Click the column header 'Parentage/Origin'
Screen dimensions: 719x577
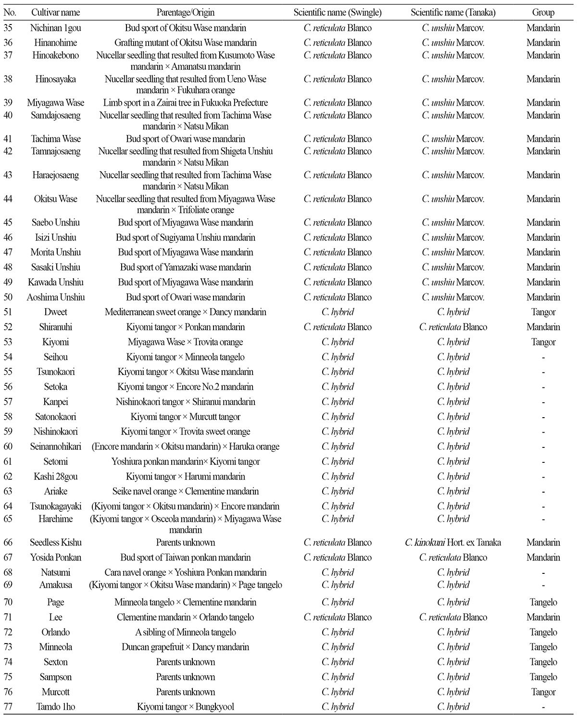point(185,12)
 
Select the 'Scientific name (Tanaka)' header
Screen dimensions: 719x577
point(453,12)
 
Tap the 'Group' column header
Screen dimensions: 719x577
point(543,12)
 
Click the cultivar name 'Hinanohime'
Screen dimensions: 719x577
point(55,43)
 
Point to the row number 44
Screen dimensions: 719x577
point(8,199)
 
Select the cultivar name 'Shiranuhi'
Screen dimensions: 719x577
point(55,327)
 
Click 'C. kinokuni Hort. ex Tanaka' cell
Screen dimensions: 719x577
point(453,543)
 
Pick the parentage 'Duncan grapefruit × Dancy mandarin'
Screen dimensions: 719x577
point(185,647)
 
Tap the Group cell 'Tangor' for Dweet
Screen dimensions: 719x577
point(543,312)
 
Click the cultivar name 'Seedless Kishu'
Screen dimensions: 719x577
point(55,543)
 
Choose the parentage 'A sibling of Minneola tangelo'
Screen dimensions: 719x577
point(185,632)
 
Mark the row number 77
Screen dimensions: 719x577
point(8,707)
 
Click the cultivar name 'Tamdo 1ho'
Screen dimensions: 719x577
point(55,707)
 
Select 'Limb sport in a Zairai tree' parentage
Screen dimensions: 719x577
point(185,103)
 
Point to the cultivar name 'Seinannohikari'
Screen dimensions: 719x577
point(55,447)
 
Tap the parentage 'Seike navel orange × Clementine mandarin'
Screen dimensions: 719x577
point(185,492)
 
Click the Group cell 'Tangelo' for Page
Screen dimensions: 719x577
point(543,602)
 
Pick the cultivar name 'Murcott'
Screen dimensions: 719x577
point(55,692)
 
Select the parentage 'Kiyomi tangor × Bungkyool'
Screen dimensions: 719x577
point(185,707)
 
